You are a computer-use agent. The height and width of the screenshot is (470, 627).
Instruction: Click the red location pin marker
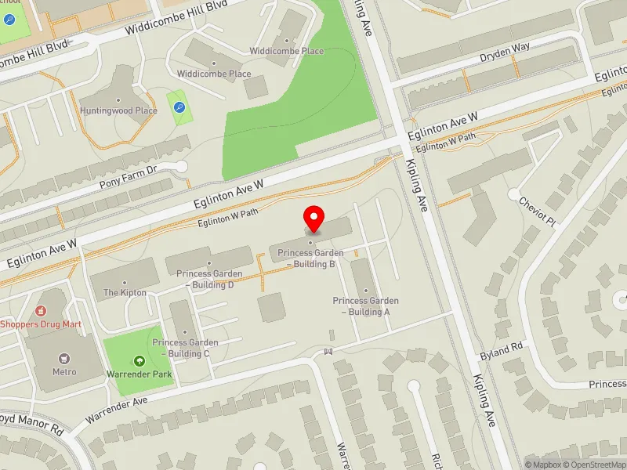[314, 218]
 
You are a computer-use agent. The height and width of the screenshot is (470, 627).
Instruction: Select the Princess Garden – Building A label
[365, 306]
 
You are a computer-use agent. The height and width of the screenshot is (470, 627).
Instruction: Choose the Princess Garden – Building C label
[186, 348]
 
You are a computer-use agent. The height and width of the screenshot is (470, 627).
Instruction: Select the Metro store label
[64, 371]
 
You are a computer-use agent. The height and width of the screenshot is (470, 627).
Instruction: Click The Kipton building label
[125, 292]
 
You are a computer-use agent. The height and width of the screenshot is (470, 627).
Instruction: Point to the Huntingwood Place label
[118, 110]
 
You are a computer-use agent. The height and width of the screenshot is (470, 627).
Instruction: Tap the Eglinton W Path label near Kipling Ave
[445, 143]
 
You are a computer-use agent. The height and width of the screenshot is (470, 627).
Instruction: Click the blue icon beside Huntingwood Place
[179, 107]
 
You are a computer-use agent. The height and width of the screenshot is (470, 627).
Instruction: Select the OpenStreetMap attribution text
[593, 465]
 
